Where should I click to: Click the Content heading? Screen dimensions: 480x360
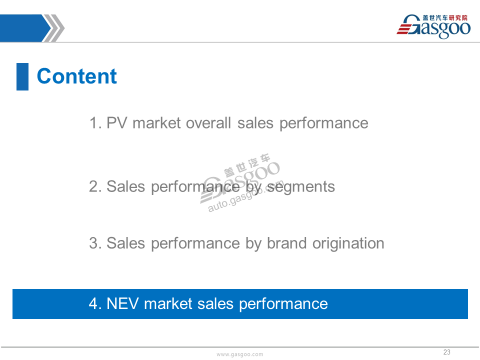77,76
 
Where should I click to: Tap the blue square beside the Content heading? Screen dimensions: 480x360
22,76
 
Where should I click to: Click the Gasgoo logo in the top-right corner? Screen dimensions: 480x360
433,26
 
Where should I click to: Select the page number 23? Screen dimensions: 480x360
446,352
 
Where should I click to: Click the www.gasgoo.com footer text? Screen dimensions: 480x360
239,354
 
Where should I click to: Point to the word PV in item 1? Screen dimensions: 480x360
116,123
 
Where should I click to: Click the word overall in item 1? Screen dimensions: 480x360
208,123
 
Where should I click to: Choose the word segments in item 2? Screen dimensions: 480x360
301,186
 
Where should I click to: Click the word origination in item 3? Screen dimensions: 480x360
348,244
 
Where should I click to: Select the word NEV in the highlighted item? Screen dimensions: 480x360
122,303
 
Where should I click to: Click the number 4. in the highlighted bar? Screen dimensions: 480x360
95,303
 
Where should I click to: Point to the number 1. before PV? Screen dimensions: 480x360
95,123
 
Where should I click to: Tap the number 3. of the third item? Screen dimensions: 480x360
95,243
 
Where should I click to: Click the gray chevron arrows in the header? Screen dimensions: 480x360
53,28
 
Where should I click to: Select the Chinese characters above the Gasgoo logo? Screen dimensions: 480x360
445,18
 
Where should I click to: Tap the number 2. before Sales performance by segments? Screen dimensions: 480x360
95,186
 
